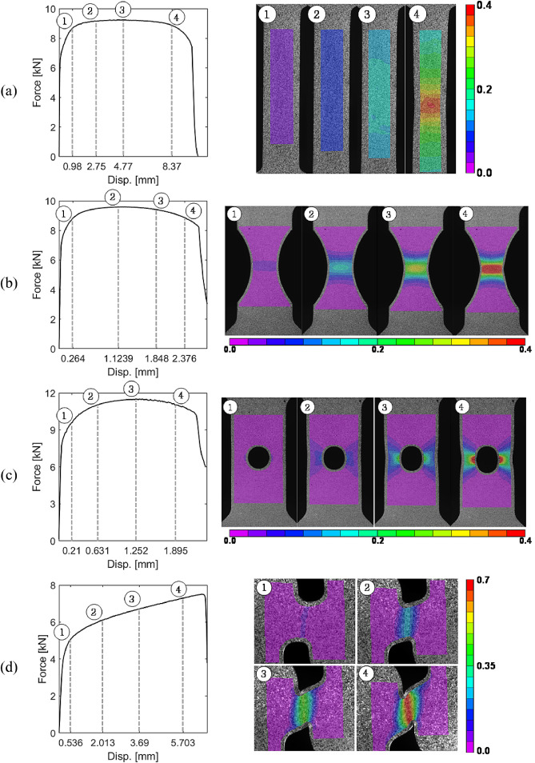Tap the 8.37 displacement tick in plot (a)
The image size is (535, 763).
click(172, 166)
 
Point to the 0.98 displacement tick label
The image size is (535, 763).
click(72, 166)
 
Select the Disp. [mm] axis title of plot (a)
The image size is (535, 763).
click(122, 179)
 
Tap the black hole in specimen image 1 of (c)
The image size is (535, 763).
click(259, 458)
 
